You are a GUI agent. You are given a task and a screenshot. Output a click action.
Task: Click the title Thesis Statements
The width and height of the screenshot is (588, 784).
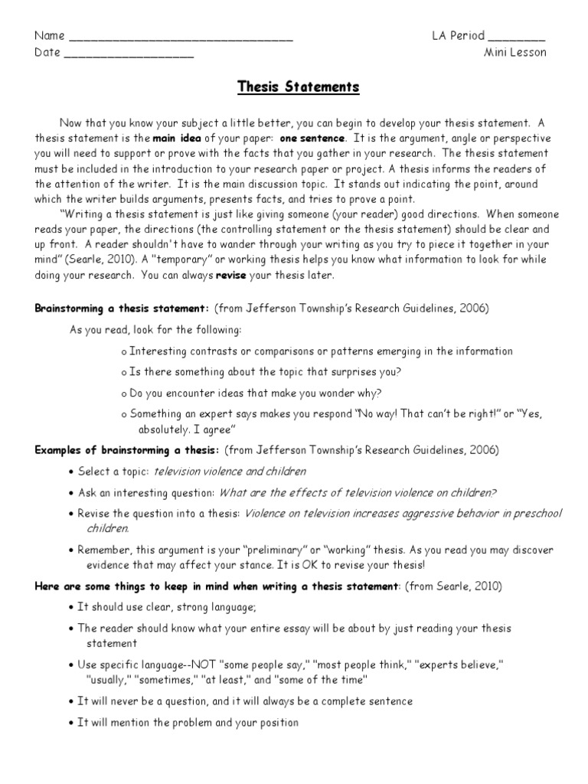(x=296, y=87)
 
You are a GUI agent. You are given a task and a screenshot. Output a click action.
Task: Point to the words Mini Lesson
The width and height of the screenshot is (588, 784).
(x=514, y=53)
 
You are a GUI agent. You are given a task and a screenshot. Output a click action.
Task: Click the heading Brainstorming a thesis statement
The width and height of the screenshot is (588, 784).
(x=122, y=309)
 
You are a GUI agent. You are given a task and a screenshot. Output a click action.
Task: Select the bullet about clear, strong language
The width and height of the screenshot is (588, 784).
(x=167, y=607)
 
